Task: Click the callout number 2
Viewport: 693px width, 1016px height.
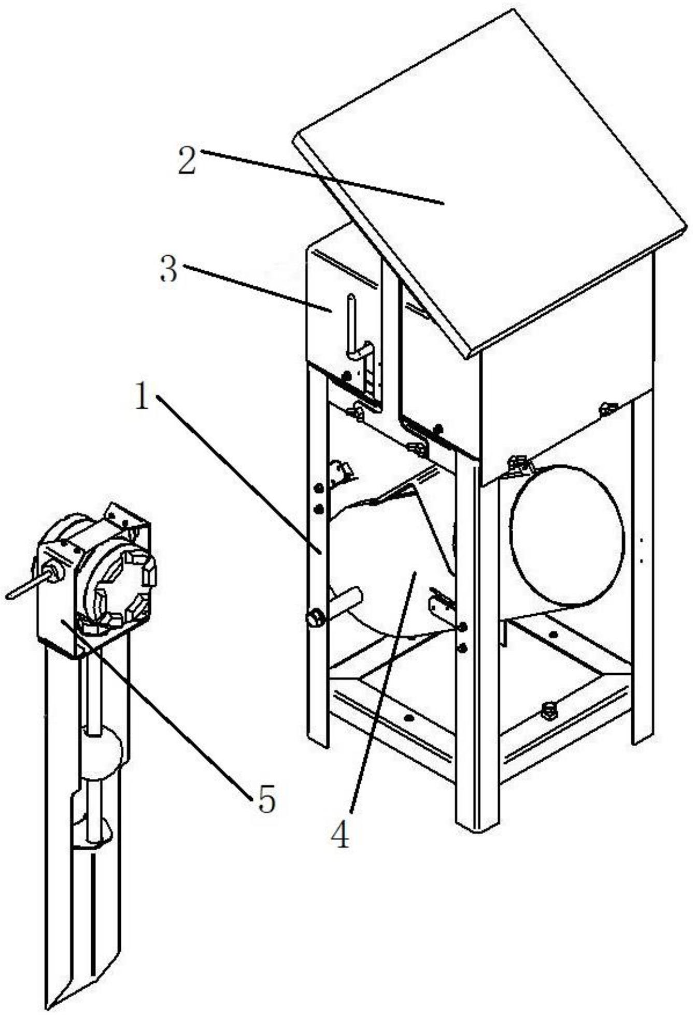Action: point(187,160)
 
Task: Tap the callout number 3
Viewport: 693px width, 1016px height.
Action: point(168,270)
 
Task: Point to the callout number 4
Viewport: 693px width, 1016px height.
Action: point(341,834)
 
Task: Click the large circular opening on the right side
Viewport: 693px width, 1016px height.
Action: point(567,535)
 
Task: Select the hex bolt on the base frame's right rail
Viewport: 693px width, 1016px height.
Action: point(549,710)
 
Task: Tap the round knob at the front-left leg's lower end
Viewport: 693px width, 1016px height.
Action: point(315,618)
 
